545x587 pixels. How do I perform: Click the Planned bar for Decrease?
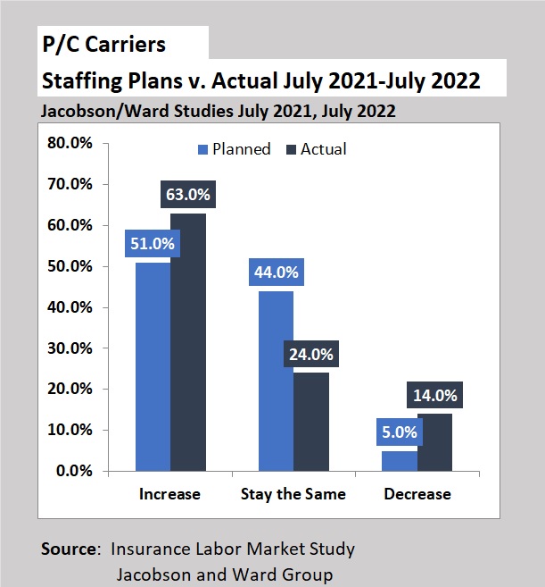tap(400, 461)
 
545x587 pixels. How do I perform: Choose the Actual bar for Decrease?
tap(434, 442)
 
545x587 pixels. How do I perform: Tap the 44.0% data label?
tap(276, 273)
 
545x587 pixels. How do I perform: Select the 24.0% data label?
tap(310, 354)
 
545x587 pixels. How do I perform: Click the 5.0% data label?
tap(400, 432)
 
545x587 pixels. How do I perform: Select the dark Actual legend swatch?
tap(291, 149)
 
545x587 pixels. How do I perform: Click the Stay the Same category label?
tap(293, 494)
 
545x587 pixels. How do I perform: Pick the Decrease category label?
tap(417, 494)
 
